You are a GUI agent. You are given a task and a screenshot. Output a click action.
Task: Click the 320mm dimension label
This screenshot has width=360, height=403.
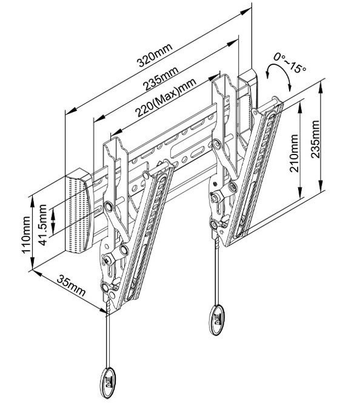[x=154, y=55]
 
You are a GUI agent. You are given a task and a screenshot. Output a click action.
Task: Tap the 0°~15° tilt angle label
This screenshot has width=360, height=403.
[x=290, y=62]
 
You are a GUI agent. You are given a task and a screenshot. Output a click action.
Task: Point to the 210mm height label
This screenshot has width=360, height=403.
[x=294, y=153]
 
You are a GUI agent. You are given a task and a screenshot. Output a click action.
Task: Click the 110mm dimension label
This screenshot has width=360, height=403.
[x=26, y=235]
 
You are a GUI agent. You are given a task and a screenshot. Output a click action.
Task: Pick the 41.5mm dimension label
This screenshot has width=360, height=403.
[x=43, y=225]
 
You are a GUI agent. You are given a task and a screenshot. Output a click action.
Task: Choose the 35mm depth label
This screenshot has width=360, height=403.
[x=71, y=285]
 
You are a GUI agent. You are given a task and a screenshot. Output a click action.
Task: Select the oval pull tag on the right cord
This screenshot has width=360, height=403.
[x=217, y=320]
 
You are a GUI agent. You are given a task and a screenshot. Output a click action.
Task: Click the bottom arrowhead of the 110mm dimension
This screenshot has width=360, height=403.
[x=33, y=264]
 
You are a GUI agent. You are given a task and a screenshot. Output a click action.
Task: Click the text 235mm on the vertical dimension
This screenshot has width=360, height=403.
[x=315, y=139]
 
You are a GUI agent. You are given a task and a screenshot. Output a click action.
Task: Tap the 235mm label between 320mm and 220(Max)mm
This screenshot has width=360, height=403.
[x=161, y=78]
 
